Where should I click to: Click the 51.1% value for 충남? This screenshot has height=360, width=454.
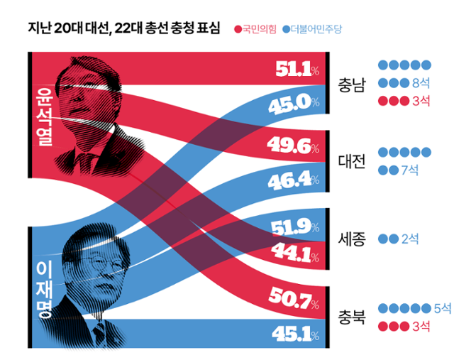(x=292, y=69)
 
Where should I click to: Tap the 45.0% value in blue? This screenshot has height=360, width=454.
(x=292, y=104)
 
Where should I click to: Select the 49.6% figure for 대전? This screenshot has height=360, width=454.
(x=292, y=146)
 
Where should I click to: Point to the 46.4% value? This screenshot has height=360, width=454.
(x=292, y=180)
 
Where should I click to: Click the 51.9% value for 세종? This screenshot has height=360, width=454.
(x=292, y=227)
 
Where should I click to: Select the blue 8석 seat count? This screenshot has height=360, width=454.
(x=420, y=82)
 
